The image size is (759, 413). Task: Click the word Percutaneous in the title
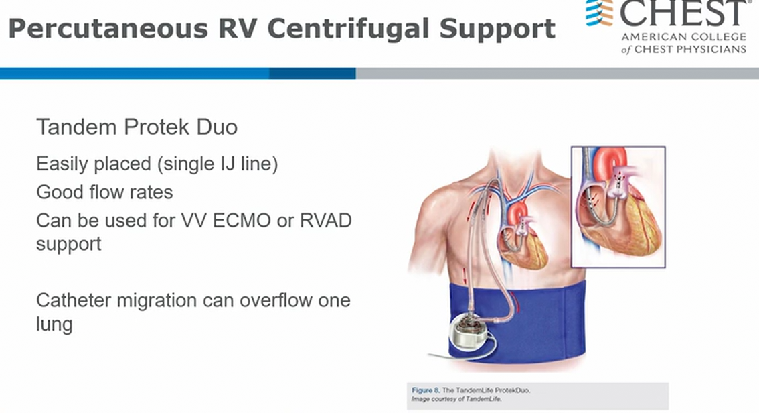(x=108, y=28)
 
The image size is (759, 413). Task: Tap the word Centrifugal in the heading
(x=348, y=28)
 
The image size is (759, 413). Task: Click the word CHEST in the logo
(x=683, y=13)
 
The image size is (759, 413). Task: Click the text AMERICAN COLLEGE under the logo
(x=684, y=37)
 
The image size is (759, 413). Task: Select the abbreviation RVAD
(x=326, y=220)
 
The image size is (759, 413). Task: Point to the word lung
(x=54, y=324)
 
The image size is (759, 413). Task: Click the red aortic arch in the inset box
(x=610, y=163)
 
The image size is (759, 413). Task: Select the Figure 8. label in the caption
(x=426, y=390)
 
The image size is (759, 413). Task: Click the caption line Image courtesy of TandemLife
(x=456, y=399)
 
